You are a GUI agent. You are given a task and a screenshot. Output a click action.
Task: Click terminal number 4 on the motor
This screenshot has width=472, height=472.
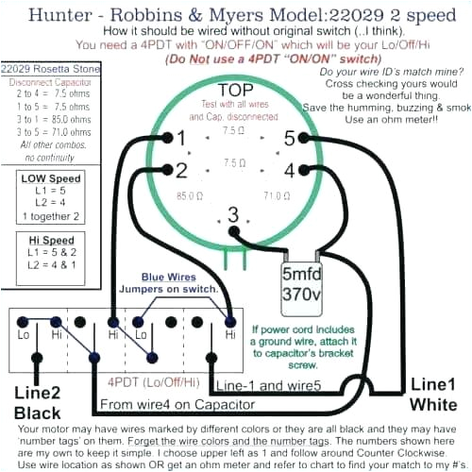(x=289, y=170)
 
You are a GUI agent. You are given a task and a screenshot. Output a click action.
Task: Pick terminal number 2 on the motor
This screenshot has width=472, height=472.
(x=181, y=170)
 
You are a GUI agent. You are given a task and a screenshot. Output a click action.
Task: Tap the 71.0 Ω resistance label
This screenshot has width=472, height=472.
(x=277, y=196)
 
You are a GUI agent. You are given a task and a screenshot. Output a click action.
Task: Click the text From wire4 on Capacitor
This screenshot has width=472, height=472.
(x=177, y=404)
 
